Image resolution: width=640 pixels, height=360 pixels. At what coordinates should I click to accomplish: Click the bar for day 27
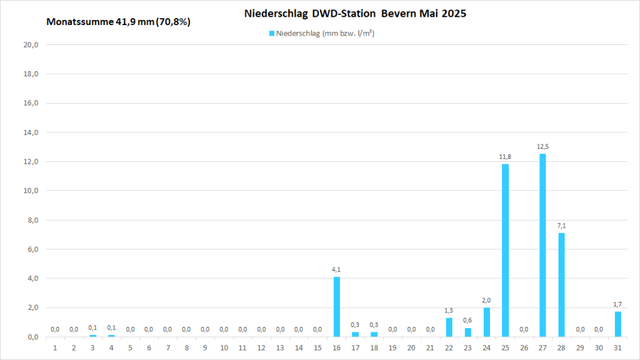click(542, 245)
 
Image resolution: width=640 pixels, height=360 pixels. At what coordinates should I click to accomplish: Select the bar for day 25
click(505, 250)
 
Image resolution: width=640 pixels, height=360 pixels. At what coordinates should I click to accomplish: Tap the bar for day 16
click(336, 306)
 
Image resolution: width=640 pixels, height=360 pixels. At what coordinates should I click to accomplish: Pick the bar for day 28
click(561, 284)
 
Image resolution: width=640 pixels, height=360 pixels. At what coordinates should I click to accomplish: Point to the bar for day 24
click(486, 322)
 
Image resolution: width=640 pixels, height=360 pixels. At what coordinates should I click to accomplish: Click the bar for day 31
click(617, 324)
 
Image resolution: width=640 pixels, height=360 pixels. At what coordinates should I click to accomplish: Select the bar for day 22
click(449, 327)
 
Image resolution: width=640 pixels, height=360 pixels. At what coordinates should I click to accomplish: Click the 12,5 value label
click(542, 147)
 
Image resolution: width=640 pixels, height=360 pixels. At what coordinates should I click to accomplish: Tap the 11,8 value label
click(505, 157)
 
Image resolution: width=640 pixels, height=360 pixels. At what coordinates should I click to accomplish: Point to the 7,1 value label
click(561, 226)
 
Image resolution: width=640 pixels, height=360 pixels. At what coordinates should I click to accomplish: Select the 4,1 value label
click(336, 269)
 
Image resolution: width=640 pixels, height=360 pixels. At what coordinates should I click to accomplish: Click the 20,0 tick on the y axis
click(31, 45)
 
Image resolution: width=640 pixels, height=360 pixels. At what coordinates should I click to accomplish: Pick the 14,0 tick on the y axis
click(31, 132)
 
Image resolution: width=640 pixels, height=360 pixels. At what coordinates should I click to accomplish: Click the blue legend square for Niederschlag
click(271, 34)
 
